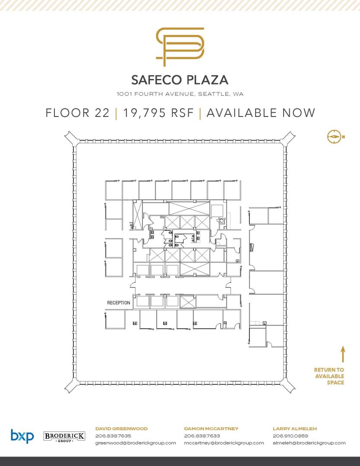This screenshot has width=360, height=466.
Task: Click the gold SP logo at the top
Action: point(180,47)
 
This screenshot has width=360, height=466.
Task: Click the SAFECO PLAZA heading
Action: point(180,80)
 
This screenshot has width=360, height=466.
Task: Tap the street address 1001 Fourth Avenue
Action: point(180,94)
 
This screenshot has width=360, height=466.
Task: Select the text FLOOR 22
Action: point(77,113)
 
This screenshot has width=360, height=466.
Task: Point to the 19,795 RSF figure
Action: point(158,113)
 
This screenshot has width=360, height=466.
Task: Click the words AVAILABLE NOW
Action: point(261,113)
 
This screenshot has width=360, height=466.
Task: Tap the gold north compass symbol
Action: point(334,137)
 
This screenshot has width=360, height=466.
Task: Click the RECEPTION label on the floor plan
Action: point(119,302)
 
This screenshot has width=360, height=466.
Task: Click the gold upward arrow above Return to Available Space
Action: point(342,354)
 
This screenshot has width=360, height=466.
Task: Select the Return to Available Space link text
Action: point(329,376)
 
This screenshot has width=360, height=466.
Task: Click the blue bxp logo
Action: point(22,436)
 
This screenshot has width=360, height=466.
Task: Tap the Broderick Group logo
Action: point(64,436)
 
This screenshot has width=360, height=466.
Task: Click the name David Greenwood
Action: point(121,428)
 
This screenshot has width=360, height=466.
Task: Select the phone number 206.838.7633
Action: point(202,436)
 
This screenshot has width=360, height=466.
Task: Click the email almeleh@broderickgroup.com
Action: point(309,443)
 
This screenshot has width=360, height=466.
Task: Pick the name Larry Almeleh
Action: point(295,428)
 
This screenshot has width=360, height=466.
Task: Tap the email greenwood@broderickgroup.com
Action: point(136,443)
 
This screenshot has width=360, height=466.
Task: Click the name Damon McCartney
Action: point(211,428)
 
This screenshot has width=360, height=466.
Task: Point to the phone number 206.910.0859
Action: point(291,436)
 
